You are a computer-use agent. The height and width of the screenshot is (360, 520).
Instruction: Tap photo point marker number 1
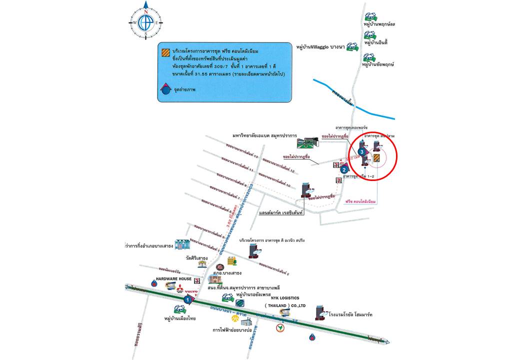187,299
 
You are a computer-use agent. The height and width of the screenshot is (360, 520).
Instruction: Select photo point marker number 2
344,169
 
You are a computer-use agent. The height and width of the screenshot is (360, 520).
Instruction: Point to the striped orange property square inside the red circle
377,158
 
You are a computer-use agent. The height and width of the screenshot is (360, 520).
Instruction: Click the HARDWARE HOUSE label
173,278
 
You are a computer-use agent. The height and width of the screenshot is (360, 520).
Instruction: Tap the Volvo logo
192,291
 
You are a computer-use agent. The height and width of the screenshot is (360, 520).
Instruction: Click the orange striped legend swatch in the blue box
164,51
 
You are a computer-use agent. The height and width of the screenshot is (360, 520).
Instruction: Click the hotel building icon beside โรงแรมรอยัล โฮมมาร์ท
320,312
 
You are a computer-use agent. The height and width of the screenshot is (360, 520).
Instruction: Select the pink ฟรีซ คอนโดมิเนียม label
360,201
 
